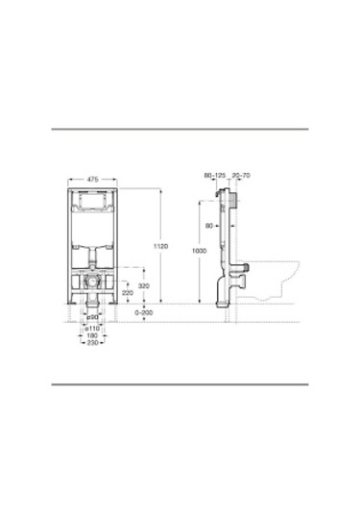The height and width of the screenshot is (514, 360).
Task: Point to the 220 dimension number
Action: [128, 293]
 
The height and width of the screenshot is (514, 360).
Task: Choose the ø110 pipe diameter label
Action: [92, 328]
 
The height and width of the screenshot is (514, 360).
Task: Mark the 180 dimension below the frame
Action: [92, 335]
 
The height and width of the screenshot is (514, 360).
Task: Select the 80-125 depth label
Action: [212, 176]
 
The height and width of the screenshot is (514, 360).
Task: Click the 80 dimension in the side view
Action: [208, 227]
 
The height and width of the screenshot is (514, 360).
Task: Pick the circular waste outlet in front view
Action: [92, 283]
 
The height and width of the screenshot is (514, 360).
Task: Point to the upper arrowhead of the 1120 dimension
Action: [160, 189]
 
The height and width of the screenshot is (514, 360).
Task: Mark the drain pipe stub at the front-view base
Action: [92, 306]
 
